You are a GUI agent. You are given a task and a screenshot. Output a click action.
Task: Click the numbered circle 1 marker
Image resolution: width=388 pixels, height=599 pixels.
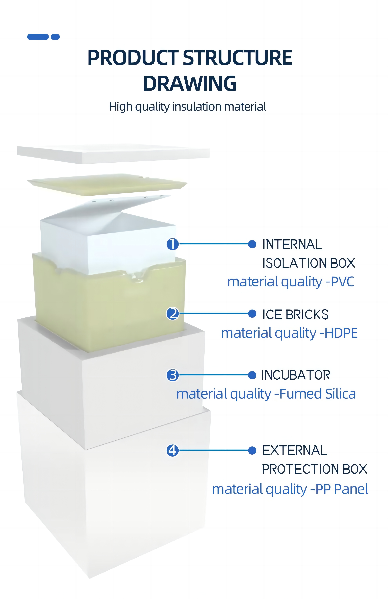coord(173,244)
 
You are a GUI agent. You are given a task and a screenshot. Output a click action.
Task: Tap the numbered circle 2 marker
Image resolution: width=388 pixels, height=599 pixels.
coord(173,314)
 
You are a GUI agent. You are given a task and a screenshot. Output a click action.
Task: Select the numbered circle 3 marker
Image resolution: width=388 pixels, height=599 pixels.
coord(173,375)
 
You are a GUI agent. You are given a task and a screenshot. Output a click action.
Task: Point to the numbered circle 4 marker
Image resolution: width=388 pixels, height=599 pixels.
coord(173,450)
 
